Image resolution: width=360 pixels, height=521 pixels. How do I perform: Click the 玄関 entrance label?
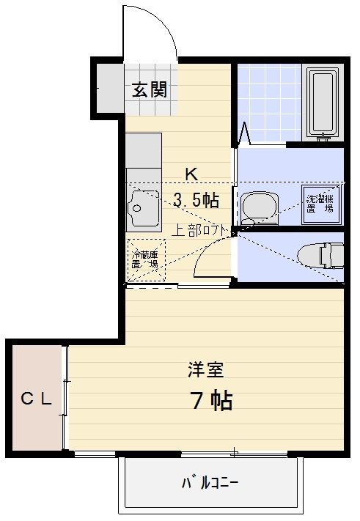pyautogui.click(x=150, y=90)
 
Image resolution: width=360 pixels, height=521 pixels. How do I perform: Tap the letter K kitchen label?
pyautogui.click(x=191, y=174)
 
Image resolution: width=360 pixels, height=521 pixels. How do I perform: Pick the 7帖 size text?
pyautogui.click(x=211, y=401)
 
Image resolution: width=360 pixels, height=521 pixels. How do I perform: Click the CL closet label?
pyautogui.click(x=35, y=399)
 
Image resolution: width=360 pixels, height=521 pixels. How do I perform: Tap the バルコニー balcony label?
pyautogui.click(x=210, y=483)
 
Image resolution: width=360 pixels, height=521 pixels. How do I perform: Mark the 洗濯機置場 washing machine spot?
pyautogui.click(x=320, y=199)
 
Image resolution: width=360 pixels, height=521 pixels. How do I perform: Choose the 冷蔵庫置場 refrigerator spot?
pyautogui.click(x=145, y=259)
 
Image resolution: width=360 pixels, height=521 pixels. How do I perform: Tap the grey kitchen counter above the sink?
pyautogui.click(x=143, y=150)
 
